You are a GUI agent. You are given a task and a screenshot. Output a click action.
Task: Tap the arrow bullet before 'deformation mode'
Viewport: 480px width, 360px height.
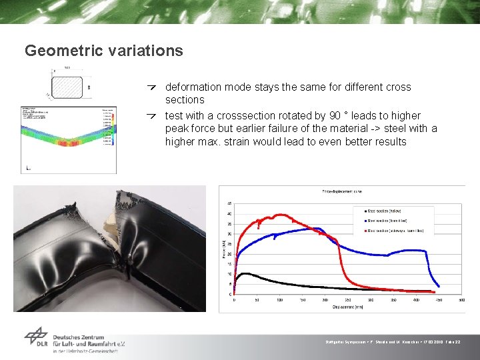(x=153, y=87)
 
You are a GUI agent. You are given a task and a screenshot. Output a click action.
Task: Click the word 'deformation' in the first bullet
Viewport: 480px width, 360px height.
(x=193, y=87)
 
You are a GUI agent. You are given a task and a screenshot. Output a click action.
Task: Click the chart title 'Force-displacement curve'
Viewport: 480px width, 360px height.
(x=341, y=191)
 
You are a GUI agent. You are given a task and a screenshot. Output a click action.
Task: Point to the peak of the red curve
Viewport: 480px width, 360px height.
(x=280, y=215)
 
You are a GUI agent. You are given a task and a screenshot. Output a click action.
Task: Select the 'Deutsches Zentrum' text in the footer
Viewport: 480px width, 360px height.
(x=87, y=335)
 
